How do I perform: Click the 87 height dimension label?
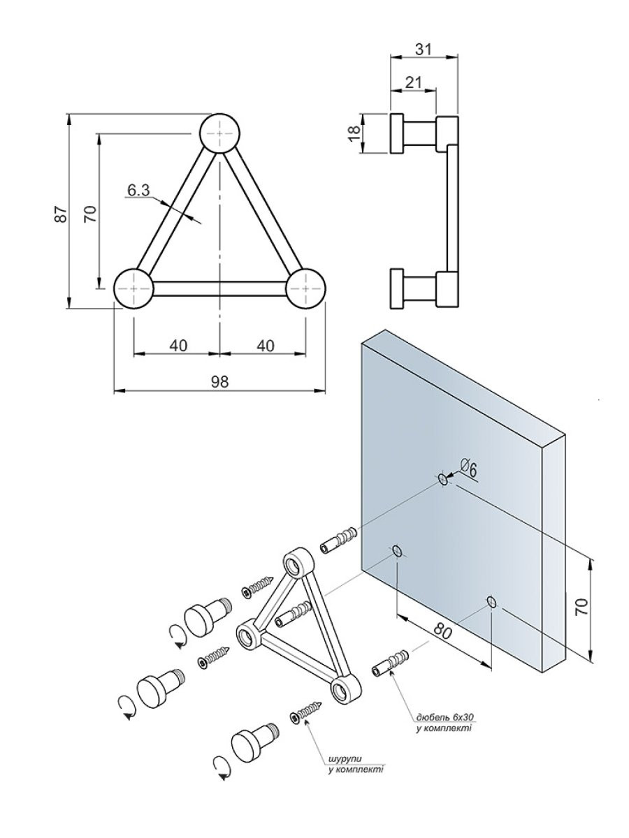[x=62, y=214]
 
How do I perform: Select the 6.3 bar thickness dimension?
[x=139, y=190]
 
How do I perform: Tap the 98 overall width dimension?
[x=219, y=381]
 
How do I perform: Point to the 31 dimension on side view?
[x=424, y=48]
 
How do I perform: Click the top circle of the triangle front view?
[x=220, y=132]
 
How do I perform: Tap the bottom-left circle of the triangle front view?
[x=133, y=288]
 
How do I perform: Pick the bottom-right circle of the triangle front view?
[x=306, y=288]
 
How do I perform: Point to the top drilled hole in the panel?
[x=442, y=478]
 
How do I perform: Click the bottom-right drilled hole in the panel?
[x=492, y=601]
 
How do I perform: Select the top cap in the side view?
[x=397, y=133]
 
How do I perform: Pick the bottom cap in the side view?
[x=397, y=288]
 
